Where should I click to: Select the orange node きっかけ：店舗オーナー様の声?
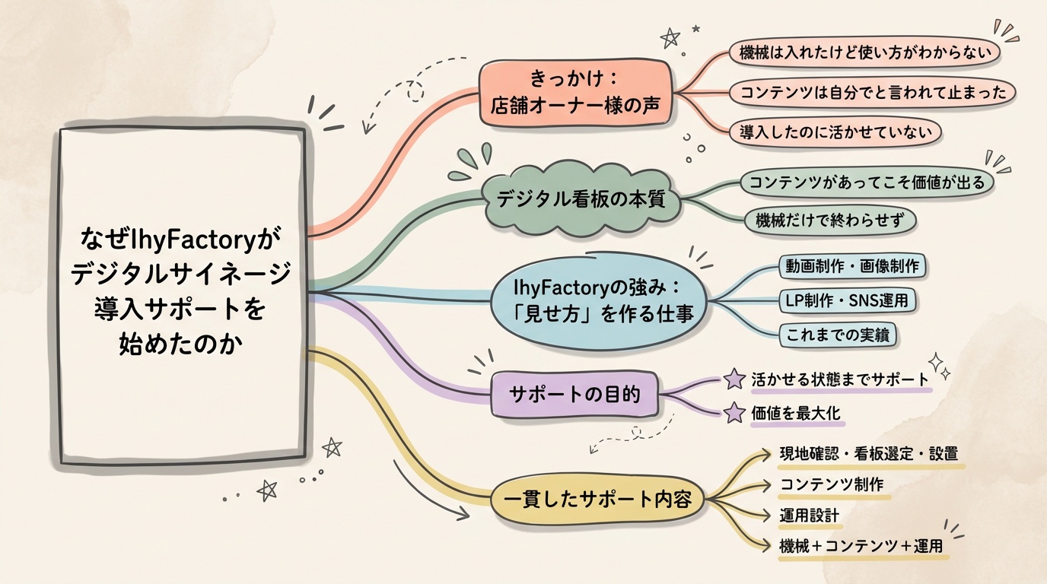tap(577, 93)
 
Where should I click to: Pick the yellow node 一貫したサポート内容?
tap(597, 500)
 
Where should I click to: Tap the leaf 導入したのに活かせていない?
tap(835, 132)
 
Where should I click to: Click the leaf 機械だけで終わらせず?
tap(829, 221)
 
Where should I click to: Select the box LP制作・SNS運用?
tap(846, 300)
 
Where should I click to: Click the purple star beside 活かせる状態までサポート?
tap(734, 379)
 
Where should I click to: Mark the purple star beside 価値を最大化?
tap(734, 413)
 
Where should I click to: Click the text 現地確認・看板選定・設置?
tap(869, 454)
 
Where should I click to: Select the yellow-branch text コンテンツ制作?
tap(832, 484)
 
